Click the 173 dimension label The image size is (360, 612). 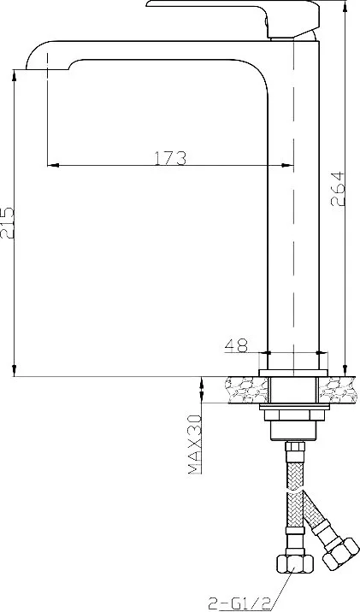[x=170, y=158]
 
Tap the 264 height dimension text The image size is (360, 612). [x=338, y=189]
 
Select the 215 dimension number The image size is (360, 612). [x=7, y=223]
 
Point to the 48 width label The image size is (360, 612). [x=236, y=345]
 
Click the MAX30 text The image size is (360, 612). [x=195, y=444]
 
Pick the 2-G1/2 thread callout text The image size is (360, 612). [x=239, y=604]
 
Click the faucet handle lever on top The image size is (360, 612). [x=233, y=15]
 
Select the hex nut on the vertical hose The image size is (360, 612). [x=295, y=563]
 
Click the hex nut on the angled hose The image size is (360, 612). [x=341, y=552]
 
